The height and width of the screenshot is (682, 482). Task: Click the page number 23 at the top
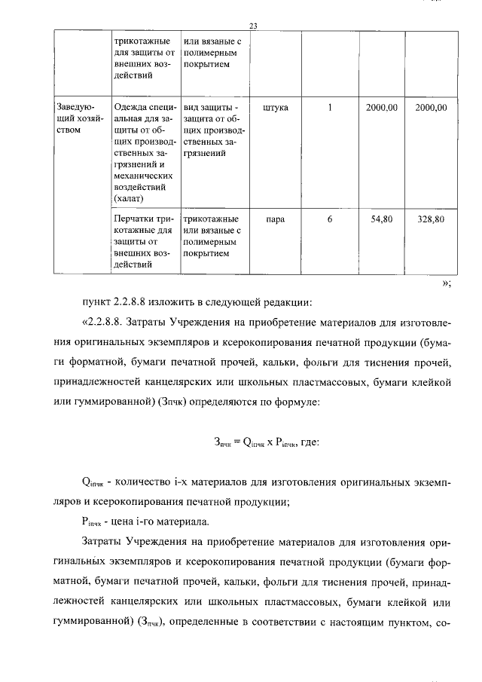[x=253, y=26]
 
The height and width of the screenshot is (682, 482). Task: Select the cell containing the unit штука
[x=275, y=108]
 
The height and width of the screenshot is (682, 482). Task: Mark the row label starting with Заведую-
[x=78, y=108]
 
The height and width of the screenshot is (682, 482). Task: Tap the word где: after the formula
[x=310, y=443]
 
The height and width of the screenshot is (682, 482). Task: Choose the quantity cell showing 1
[x=330, y=108]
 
